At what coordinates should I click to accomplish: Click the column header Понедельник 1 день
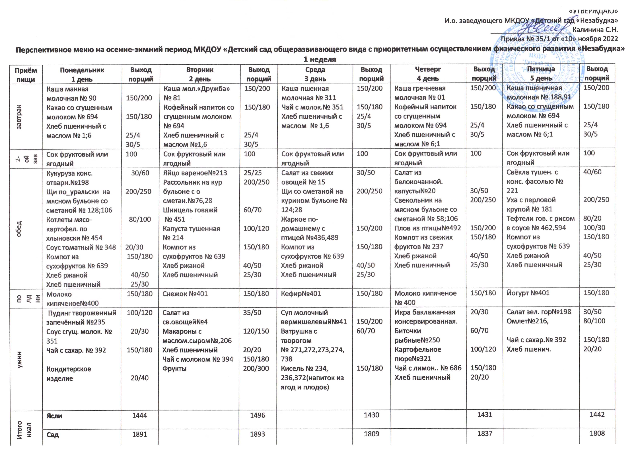pos(82,74)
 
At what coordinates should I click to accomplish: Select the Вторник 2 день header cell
pos(200,74)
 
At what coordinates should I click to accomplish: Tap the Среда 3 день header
pos(315,74)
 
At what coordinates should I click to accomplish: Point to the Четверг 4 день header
pos(428,74)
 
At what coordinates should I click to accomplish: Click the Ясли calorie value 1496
pos(258,415)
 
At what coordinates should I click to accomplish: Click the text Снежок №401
pos(185,294)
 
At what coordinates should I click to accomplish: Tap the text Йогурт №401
pos(528,293)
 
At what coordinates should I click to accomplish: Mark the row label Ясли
pos(54,416)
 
